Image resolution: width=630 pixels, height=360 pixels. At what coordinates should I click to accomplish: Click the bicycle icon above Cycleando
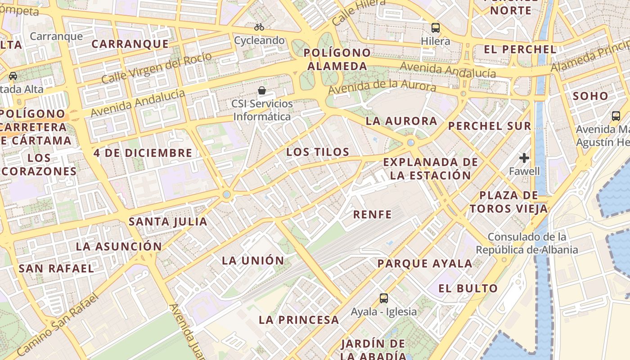click(x=259, y=27)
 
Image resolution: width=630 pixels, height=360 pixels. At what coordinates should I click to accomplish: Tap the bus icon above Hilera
click(x=435, y=27)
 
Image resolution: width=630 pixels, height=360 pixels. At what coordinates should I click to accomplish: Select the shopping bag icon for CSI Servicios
click(x=262, y=90)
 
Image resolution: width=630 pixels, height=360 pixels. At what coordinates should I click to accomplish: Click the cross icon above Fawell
click(x=524, y=158)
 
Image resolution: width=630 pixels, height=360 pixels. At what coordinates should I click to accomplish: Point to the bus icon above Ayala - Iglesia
click(x=384, y=298)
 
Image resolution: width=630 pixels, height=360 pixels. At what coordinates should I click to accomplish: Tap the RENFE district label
click(x=372, y=215)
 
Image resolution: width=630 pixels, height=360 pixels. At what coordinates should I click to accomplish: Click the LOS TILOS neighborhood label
click(x=318, y=152)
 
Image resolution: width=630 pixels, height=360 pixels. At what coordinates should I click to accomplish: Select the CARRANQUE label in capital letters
click(x=130, y=44)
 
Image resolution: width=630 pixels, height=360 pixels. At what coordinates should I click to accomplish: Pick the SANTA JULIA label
click(x=168, y=221)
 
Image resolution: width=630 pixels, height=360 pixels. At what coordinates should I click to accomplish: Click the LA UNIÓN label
click(x=253, y=261)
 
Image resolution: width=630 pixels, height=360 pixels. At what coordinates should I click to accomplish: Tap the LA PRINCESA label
click(x=299, y=320)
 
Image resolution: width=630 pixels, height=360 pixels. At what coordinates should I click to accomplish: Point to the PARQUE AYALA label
click(x=425, y=264)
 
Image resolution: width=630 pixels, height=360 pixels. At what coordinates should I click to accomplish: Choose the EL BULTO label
click(x=468, y=288)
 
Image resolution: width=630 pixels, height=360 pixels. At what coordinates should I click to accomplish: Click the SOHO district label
click(x=590, y=96)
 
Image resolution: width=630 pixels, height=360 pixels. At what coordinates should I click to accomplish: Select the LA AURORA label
click(x=401, y=121)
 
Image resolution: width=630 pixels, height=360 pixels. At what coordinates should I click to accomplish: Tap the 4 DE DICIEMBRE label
click(x=143, y=153)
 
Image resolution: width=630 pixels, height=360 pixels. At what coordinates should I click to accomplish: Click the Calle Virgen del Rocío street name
click(x=157, y=68)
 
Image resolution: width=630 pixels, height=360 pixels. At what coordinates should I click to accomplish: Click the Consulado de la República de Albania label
click(x=527, y=243)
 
